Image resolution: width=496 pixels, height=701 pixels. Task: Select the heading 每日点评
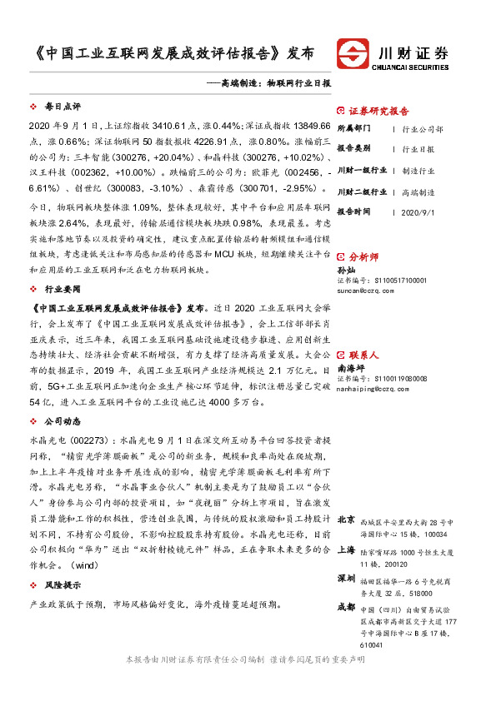(x=62, y=107)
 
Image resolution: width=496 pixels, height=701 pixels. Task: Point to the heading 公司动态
(x=62, y=420)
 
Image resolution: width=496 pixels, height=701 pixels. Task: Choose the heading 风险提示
(x=62, y=584)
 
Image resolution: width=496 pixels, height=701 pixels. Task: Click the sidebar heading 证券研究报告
(x=378, y=111)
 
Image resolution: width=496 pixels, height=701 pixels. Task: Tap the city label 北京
(x=346, y=519)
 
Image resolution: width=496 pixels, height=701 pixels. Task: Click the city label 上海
(x=346, y=549)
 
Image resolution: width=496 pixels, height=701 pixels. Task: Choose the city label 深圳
(x=346, y=577)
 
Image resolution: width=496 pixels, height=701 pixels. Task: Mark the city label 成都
(x=346, y=607)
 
